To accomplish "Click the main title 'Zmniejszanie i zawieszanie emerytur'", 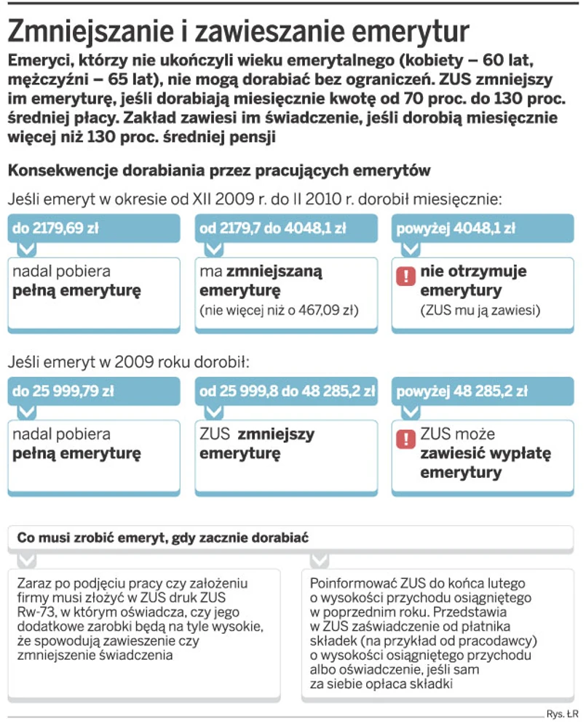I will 237,31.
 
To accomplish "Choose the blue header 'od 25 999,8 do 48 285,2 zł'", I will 287,391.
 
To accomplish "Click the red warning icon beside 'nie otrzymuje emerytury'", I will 403,276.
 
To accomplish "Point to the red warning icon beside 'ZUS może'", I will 403,439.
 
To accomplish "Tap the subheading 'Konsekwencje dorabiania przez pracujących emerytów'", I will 219,171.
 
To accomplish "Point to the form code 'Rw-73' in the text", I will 36,612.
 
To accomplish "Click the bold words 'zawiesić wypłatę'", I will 486,454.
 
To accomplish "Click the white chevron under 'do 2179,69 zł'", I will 25,249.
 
